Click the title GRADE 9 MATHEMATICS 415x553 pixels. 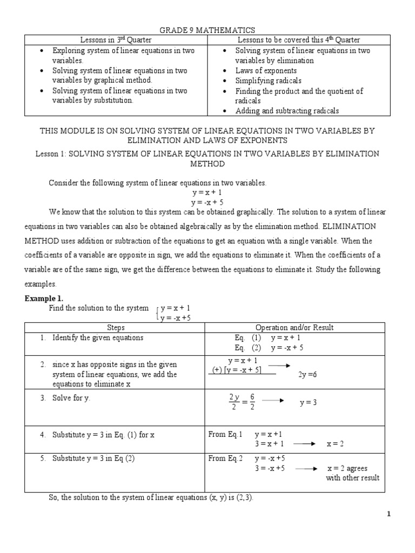click(x=207, y=30)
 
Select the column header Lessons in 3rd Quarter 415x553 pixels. click(x=116, y=40)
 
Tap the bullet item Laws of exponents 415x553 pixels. click(x=266, y=71)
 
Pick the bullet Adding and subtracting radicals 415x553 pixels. click(x=287, y=111)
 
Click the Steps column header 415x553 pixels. click(x=116, y=327)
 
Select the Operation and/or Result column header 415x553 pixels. click(x=294, y=327)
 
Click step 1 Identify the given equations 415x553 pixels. click(x=98, y=338)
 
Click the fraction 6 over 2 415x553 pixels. click(x=252, y=402)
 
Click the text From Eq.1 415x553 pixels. click(x=225, y=434)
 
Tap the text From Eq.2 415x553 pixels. click(x=225, y=458)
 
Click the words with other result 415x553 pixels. click(x=352, y=477)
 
